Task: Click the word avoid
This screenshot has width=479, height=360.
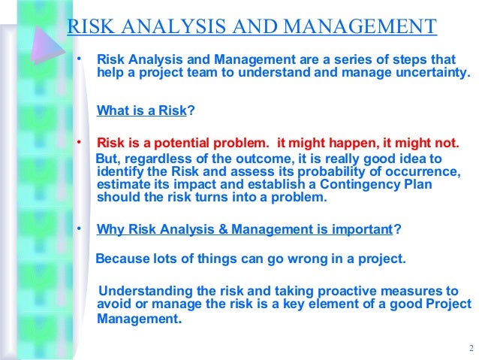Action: (113, 304)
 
